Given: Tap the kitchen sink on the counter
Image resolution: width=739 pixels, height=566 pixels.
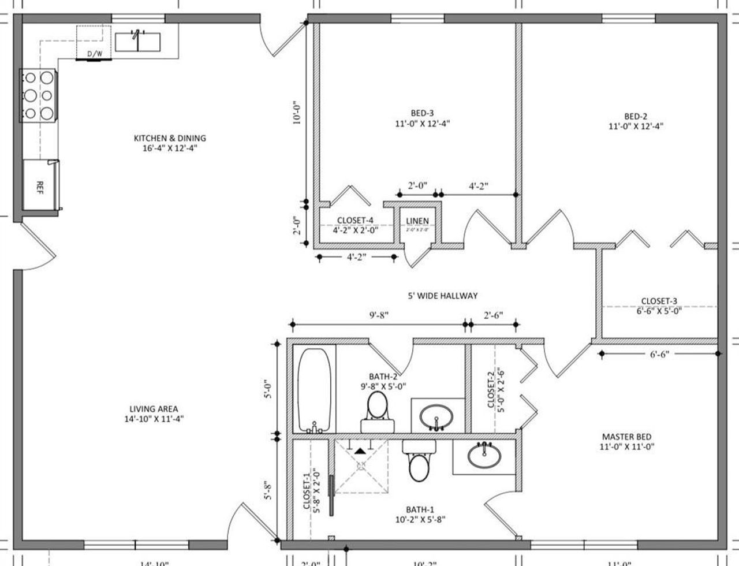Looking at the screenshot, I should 137,42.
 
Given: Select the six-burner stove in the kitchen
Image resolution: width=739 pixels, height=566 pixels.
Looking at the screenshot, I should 38,95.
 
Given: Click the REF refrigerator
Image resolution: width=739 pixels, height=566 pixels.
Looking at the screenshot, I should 40,187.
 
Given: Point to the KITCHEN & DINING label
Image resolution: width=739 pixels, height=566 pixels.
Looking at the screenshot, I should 170,138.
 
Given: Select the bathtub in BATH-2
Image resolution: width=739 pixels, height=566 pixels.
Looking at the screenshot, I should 314,390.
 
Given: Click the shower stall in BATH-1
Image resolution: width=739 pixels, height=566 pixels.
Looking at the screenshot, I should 360,467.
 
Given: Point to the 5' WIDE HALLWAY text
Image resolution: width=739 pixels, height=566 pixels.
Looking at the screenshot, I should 442,296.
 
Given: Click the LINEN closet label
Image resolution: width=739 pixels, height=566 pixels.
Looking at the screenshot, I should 417,221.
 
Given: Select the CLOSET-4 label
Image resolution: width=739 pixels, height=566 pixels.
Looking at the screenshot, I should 354,220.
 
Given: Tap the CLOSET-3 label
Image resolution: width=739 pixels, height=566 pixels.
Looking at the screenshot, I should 659,301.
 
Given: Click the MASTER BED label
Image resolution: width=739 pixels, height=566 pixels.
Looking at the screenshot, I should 626,437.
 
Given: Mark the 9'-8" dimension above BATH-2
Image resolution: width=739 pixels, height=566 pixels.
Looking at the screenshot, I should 379,315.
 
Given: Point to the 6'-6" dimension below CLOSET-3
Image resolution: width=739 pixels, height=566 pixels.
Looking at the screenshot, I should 659,355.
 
